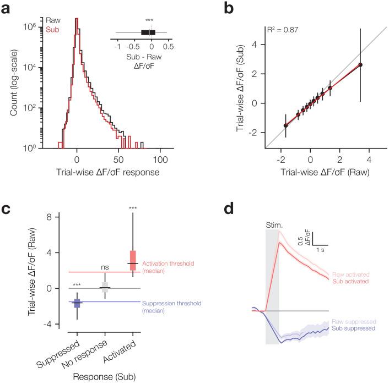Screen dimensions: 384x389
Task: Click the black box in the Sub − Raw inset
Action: pos(146,32)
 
